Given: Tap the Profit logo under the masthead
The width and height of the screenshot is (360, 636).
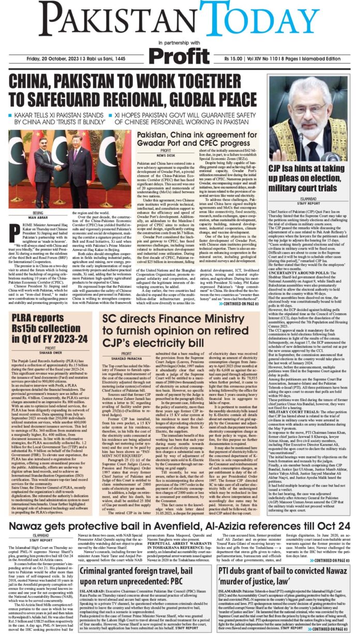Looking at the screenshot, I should tap(180, 55).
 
